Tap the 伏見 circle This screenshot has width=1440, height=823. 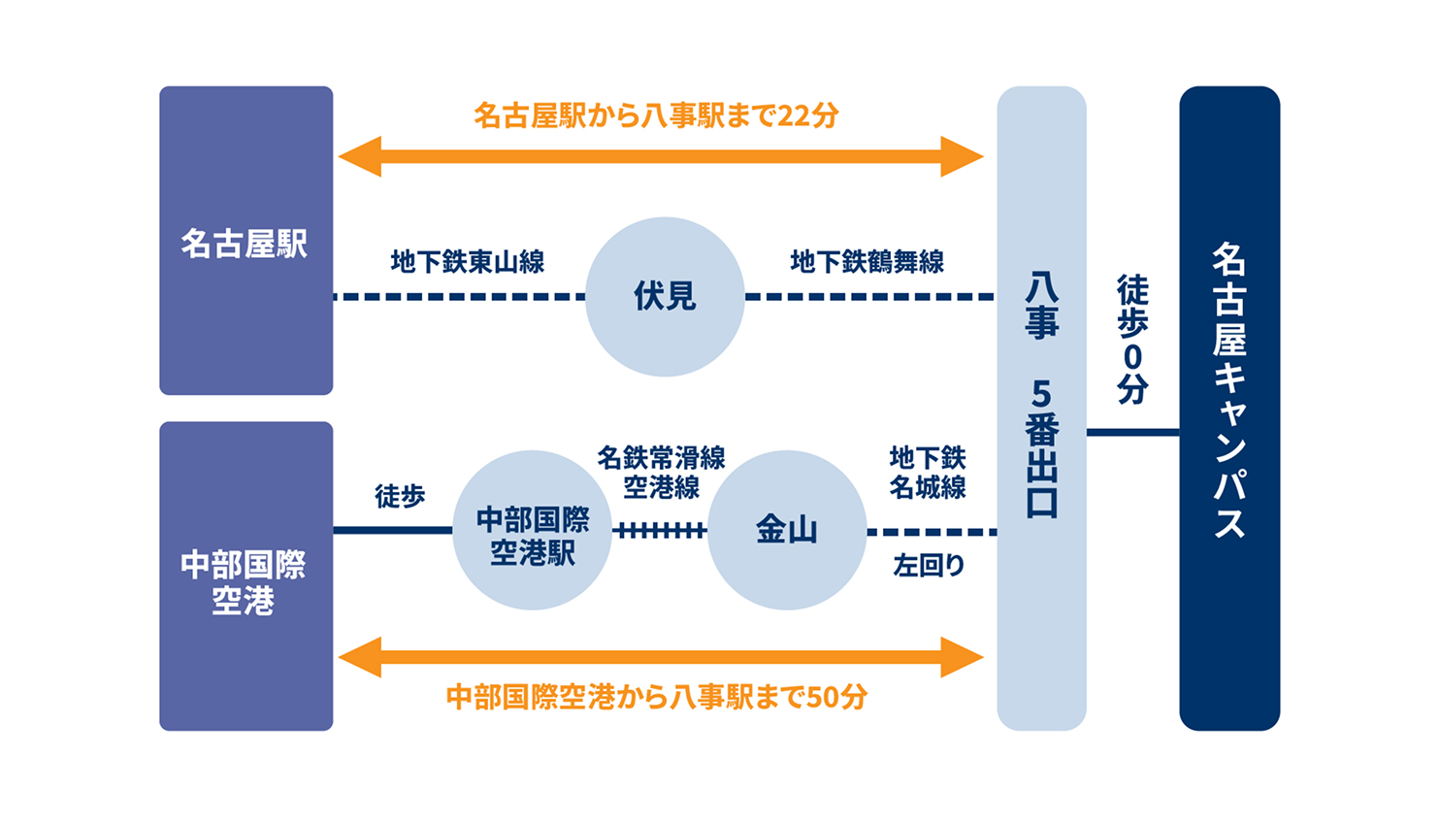[665, 296]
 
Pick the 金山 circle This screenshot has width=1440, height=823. [786, 530]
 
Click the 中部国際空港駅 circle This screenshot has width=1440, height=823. [532, 530]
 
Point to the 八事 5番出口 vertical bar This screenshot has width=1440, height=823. [1041, 408]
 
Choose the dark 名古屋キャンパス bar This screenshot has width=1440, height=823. [1229, 408]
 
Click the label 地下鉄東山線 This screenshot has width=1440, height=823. [468, 262]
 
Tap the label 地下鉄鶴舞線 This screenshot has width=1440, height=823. [867, 262]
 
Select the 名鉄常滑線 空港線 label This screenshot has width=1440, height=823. [661, 472]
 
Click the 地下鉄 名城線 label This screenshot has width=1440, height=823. [928, 472]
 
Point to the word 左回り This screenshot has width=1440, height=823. [929, 565]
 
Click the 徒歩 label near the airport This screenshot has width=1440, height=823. [400, 497]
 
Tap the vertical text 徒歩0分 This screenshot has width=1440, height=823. [1132, 339]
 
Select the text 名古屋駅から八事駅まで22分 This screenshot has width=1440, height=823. [656, 115]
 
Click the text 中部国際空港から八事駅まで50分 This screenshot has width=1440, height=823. [656, 697]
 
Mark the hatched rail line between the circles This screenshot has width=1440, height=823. [660, 530]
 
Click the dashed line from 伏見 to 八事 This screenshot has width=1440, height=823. [869, 296]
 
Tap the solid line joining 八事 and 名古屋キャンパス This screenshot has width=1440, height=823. [1132, 432]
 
